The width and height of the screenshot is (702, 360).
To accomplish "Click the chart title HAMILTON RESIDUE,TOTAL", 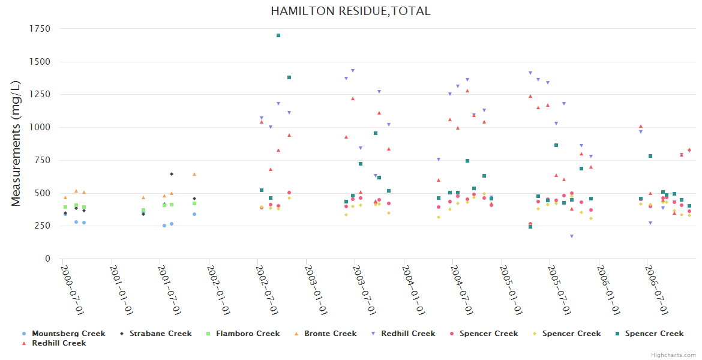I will click(x=350, y=11).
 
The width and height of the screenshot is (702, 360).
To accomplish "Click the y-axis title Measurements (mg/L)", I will click(x=16, y=144).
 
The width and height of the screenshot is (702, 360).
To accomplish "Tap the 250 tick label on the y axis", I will click(x=42, y=226).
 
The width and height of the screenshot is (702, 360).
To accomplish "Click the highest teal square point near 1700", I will click(x=278, y=35).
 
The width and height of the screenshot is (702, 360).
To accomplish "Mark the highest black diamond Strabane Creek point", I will click(x=172, y=174).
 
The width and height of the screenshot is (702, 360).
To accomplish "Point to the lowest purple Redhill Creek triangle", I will click(x=572, y=236).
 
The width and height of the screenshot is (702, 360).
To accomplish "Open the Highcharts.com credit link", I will click(x=673, y=355).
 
